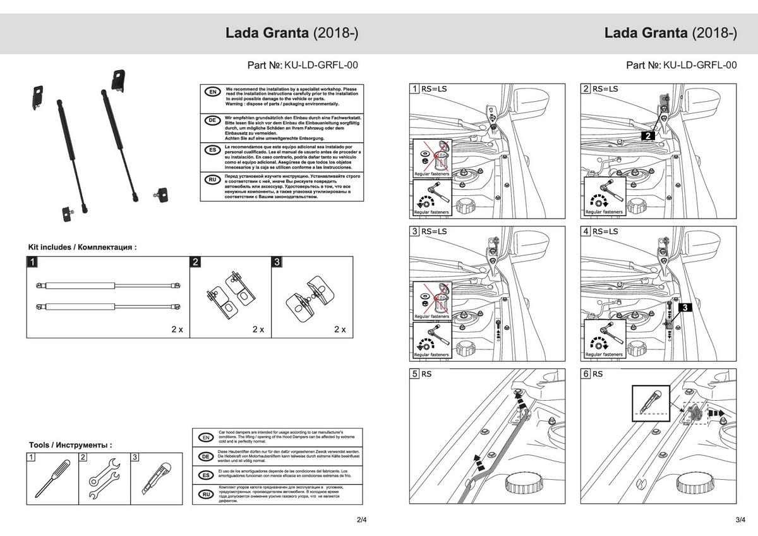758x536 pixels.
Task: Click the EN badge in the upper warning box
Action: pos(212,92)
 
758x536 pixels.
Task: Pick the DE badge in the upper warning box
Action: pos(212,120)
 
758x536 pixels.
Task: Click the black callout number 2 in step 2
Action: pos(648,135)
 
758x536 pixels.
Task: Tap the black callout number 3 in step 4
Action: pos(687,308)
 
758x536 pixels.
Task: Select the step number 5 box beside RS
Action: pos(415,374)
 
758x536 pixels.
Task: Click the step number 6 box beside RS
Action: pos(586,374)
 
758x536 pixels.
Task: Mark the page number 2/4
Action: pos(361,520)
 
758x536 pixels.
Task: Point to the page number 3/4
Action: pos(741,520)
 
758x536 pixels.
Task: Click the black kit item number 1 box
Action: pos(32,261)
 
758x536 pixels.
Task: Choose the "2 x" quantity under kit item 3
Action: pos(340,329)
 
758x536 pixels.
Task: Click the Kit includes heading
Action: pos(82,247)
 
